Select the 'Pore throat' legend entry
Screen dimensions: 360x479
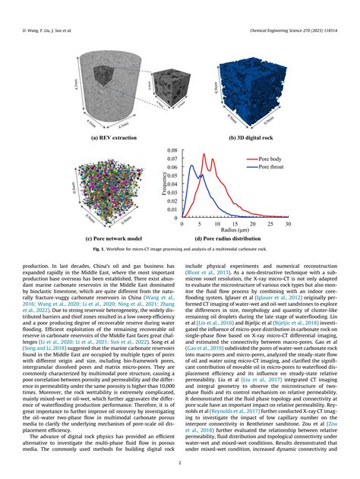click(270, 167)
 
